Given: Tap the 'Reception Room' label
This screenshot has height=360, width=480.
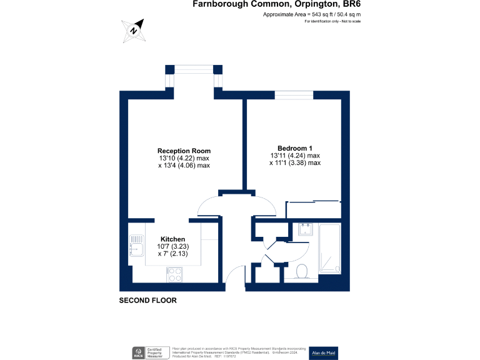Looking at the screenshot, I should (x=184, y=151).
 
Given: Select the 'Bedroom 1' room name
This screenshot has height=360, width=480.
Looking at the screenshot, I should (x=295, y=147).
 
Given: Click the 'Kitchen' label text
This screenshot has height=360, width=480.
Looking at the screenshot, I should (x=172, y=239).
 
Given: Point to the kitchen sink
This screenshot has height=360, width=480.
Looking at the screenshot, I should (x=136, y=249).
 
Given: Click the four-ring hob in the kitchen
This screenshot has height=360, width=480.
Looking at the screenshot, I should (x=174, y=274).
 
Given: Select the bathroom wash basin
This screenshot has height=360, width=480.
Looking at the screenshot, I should (x=306, y=229).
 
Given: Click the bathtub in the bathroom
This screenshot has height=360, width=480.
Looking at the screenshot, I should (x=329, y=248).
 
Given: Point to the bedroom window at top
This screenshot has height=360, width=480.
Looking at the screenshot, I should (x=294, y=95).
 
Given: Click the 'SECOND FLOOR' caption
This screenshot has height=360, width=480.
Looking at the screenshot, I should (x=148, y=301).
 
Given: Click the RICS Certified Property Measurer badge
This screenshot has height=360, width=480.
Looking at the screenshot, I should (x=149, y=352).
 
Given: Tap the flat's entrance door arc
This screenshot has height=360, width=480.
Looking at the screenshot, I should (x=234, y=275).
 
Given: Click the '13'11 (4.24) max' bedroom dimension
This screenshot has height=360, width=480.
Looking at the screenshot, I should (x=295, y=156).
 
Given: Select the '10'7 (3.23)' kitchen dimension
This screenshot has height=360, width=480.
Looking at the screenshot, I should (x=172, y=247).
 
